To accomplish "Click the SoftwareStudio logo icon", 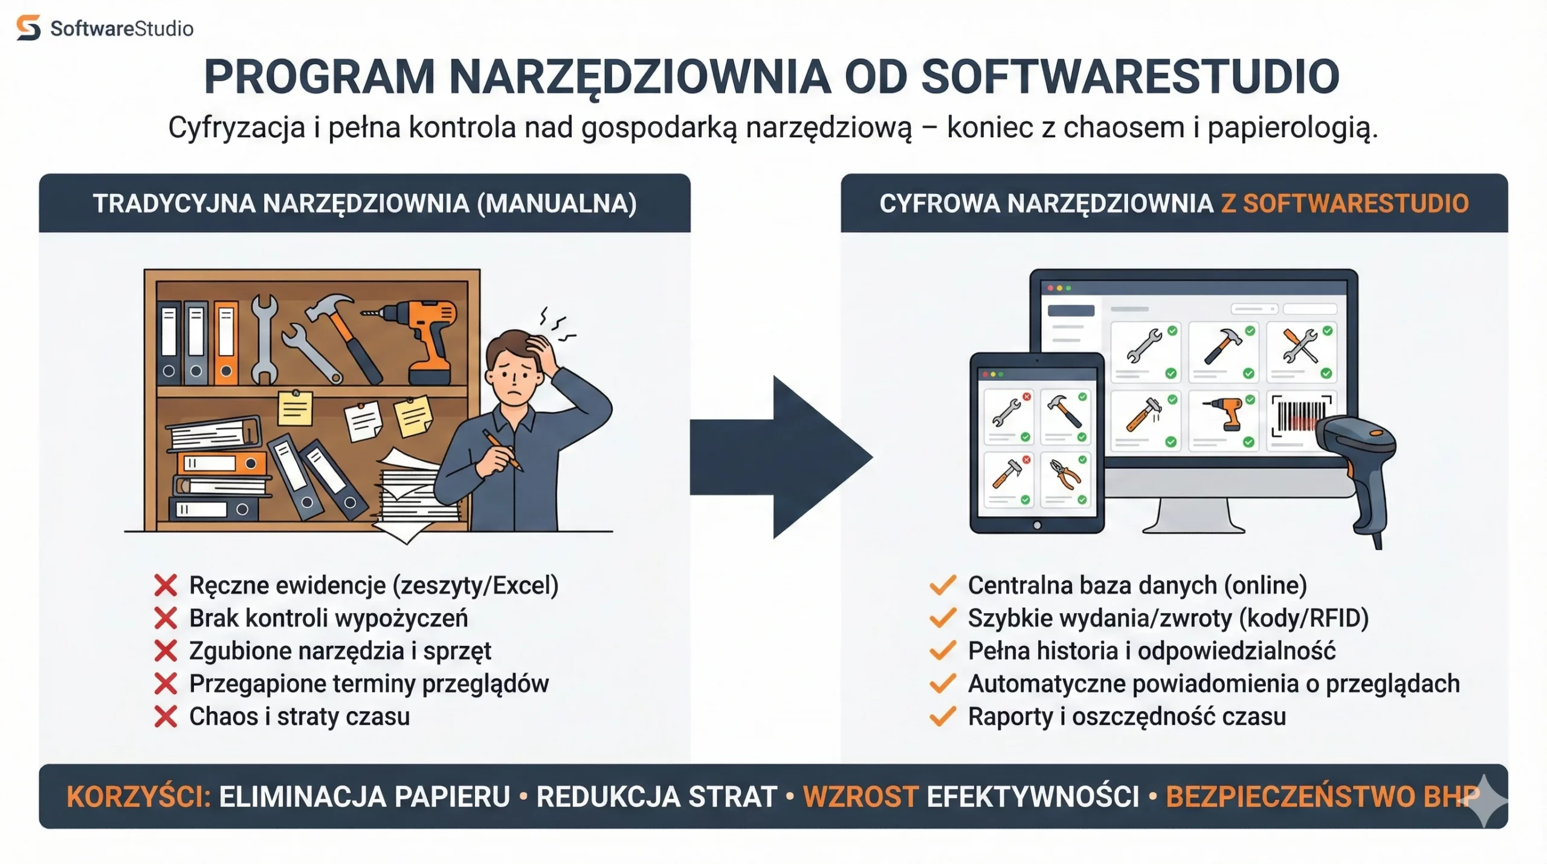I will click(x=28, y=28).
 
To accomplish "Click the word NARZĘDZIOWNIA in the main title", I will click(x=639, y=77).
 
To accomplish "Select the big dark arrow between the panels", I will click(x=786, y=456).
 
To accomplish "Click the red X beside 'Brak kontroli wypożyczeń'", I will click(x=165, y=618).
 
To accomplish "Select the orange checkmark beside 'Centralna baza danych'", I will click(x=942, y=585).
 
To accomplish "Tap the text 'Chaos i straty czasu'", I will click(x=299, y=716).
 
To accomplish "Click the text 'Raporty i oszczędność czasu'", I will click(x=1126, y=716).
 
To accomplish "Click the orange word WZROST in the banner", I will click(x=861, y=796).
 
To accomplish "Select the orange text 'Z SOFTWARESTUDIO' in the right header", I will click(x=1345, y=204).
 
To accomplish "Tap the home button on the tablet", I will click(x=1037, y=525).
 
